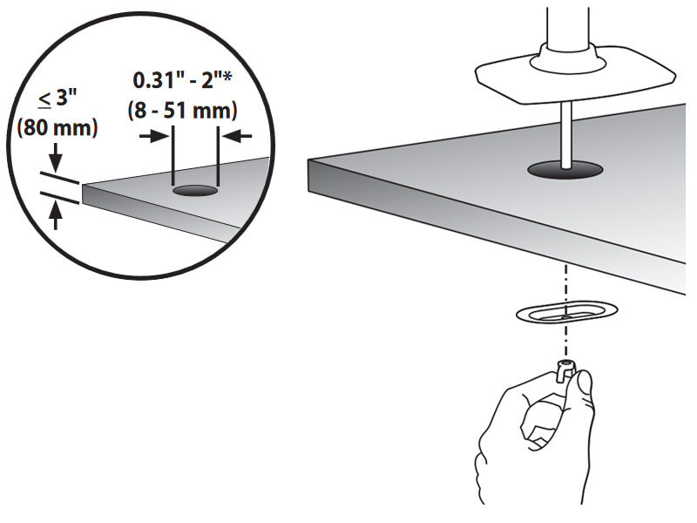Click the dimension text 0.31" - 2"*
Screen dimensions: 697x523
click(182, 80)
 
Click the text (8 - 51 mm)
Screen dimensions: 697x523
click(182, 111)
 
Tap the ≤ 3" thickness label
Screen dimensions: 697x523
click(58, 98)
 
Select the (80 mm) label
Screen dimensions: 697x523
click(58, 128)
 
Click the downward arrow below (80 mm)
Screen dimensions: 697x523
click(56, 158)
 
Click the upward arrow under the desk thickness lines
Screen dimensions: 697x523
click(56, 215)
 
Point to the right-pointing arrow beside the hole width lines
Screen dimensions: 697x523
click(154, 136)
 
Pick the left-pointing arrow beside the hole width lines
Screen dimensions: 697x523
click(237, 136)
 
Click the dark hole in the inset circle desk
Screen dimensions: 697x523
click(195, 191)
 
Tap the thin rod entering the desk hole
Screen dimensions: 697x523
click(565, 136)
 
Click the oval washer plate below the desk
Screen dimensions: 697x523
click(567, 313)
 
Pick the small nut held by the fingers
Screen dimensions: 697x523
click(565, 370)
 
